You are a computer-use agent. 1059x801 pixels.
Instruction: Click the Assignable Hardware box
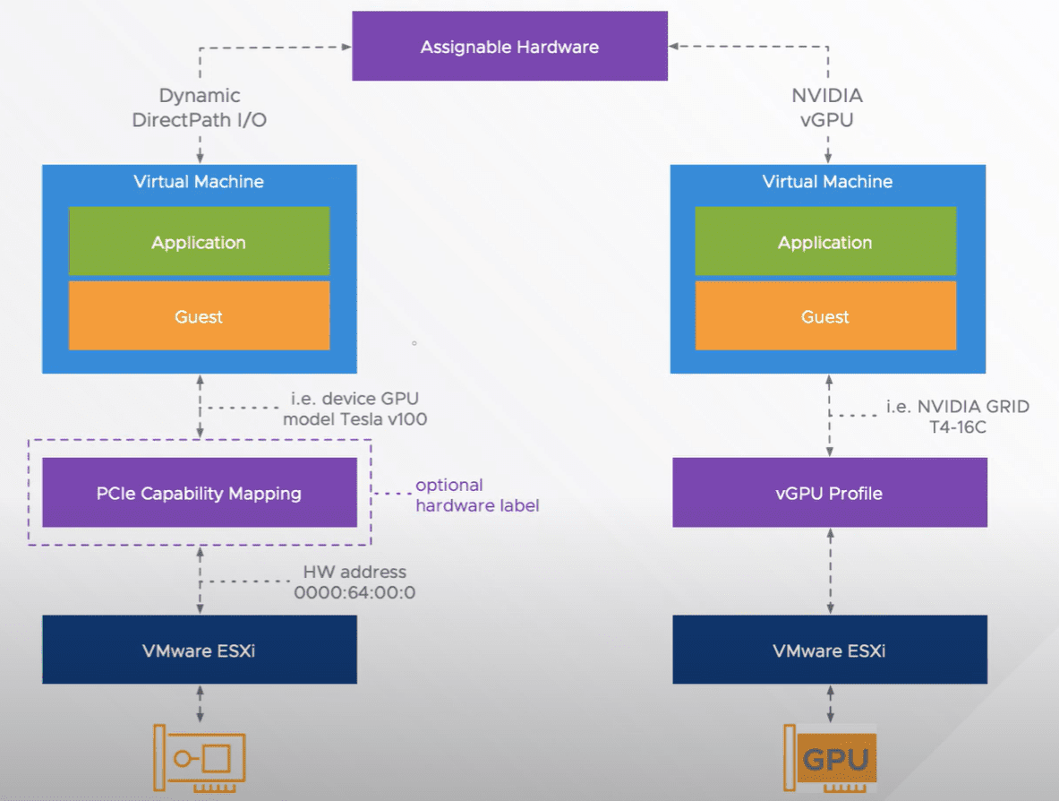[509, 46]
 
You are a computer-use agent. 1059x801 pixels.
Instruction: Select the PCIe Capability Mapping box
[199, 493]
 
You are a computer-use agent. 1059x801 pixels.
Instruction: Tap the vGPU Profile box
[829, 493]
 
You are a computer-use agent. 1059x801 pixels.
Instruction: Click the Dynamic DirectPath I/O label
[199, 108]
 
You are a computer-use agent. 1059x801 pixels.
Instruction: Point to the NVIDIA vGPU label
[827, 108]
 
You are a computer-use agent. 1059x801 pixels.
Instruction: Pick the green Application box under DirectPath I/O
[199, 242]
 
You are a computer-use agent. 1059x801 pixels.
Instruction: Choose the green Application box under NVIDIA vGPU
[825, 242]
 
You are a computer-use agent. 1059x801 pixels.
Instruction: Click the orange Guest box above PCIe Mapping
[199, 316]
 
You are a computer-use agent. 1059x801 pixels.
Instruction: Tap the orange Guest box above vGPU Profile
[825, 316]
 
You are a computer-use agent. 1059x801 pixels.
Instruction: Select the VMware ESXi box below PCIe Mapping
[199, 650]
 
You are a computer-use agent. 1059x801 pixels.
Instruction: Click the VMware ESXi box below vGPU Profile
[829, 650]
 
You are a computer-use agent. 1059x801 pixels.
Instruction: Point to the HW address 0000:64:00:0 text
[355, 582]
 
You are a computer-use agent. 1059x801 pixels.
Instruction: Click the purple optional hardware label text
[477, 495]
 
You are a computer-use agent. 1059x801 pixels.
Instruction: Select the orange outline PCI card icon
[199, 760]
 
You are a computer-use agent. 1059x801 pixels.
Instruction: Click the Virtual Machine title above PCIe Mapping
[199, 182]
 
